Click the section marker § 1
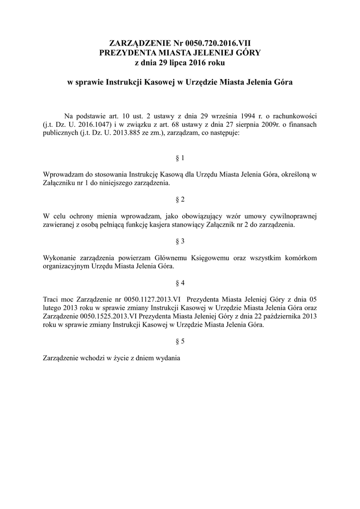(x=180, y=158)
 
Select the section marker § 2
(x=180, y=200)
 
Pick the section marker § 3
(x=180, y=242)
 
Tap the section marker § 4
(x=180, y=283)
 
